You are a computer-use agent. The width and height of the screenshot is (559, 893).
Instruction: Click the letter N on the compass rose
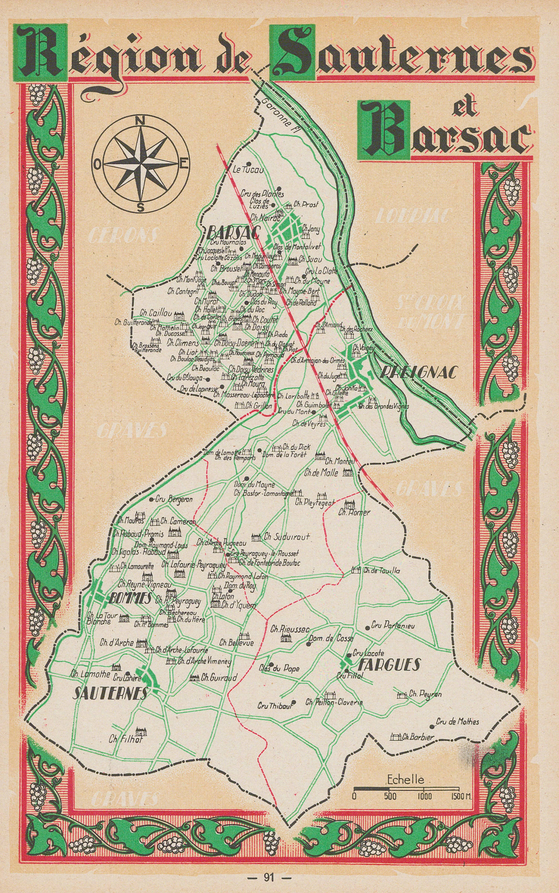pos(140,121)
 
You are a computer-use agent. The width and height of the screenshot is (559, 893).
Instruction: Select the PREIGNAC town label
pos(418,373)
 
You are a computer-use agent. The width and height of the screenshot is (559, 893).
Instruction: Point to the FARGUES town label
pos(390,664)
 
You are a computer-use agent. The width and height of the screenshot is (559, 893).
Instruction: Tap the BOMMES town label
pos(130,598)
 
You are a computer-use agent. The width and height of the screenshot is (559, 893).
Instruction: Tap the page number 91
pos(268,877)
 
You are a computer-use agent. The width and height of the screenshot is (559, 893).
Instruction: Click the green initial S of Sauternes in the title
pos(294,52)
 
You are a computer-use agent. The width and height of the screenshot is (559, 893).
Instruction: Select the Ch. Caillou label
pos(156,313)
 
